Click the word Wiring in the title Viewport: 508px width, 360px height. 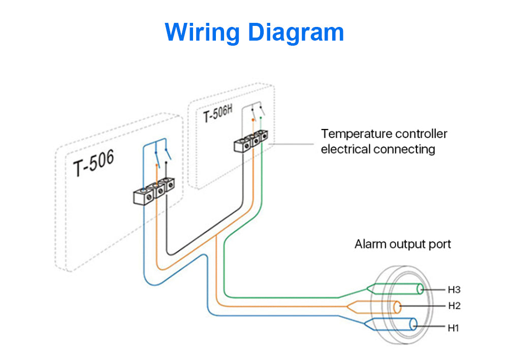(202, 33)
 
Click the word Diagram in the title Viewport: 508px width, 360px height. (296, 33)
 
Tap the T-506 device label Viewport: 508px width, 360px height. (93, 163)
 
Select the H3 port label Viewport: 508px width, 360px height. (454, 289)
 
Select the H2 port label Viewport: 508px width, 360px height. (454, 306)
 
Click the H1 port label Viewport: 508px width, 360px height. (453, 328)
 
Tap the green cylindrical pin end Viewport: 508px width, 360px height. (420, 289)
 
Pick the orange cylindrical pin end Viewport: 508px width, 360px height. (397, 307)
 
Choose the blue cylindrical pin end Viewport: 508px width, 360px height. (414, 324)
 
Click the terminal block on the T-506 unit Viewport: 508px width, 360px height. (154, 191)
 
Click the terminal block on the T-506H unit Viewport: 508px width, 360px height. (251, 141)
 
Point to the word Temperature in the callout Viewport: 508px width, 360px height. (357, 134)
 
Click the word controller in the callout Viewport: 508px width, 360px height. (421, 134)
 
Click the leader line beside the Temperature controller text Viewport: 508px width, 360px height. (291, 144)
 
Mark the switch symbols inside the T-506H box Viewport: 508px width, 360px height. (258, 112)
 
